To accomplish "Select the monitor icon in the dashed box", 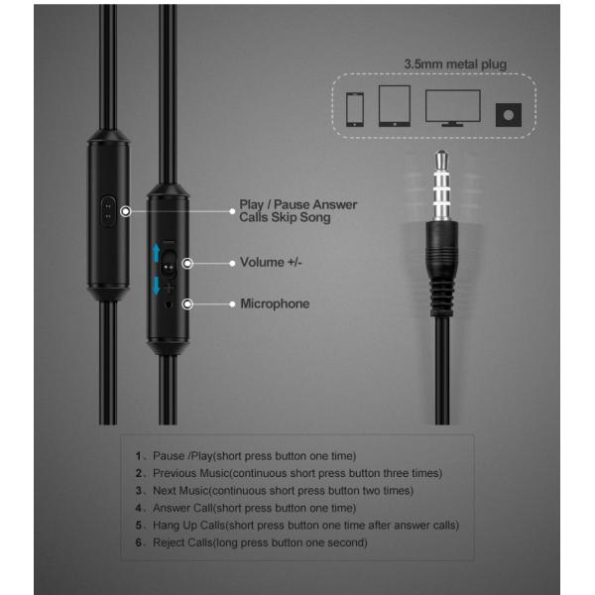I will pos(452,105).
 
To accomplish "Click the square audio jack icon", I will pos(510,114).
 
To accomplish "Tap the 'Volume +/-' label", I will pos(273,264).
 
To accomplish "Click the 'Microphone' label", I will pos(275,303).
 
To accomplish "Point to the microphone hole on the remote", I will pos(171,303).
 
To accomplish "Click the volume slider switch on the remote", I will pos(171,265).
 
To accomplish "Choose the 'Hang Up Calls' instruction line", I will pos(297,526).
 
